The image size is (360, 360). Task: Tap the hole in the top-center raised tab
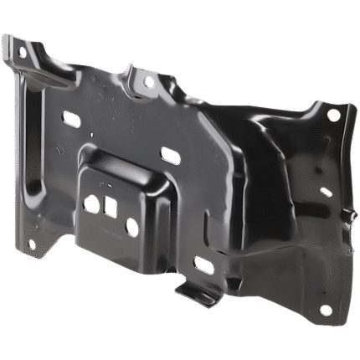click(149, 83)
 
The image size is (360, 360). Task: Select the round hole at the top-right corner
click(334, 115)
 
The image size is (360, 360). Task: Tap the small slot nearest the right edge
click(326, 192)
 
